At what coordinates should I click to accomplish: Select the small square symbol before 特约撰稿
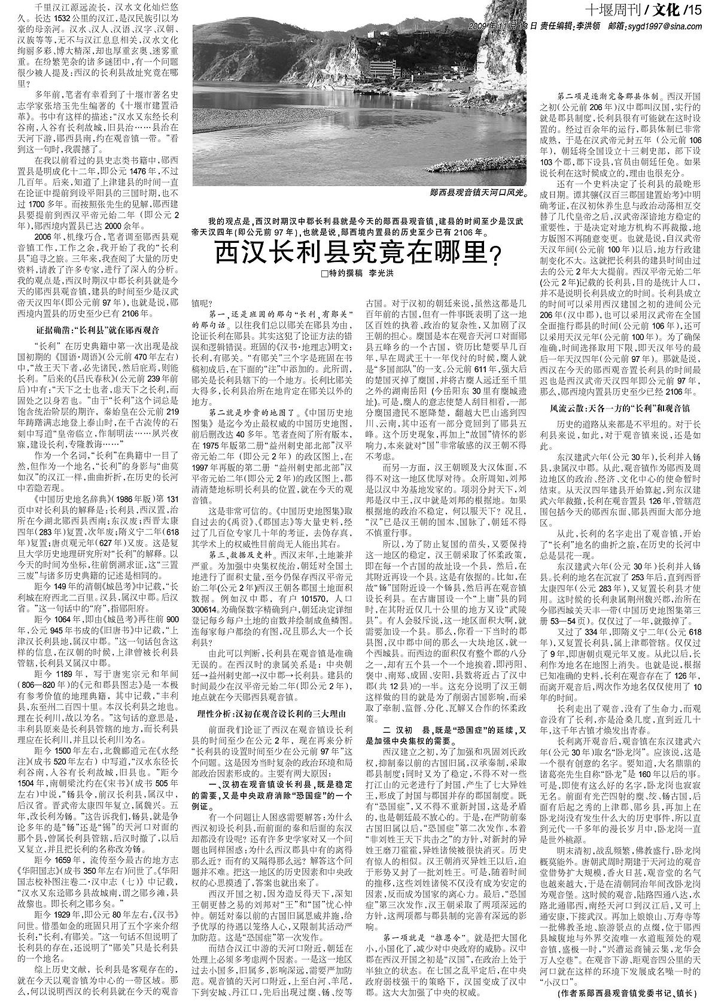[324, 273]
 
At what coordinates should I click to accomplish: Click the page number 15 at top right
[695, 10]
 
